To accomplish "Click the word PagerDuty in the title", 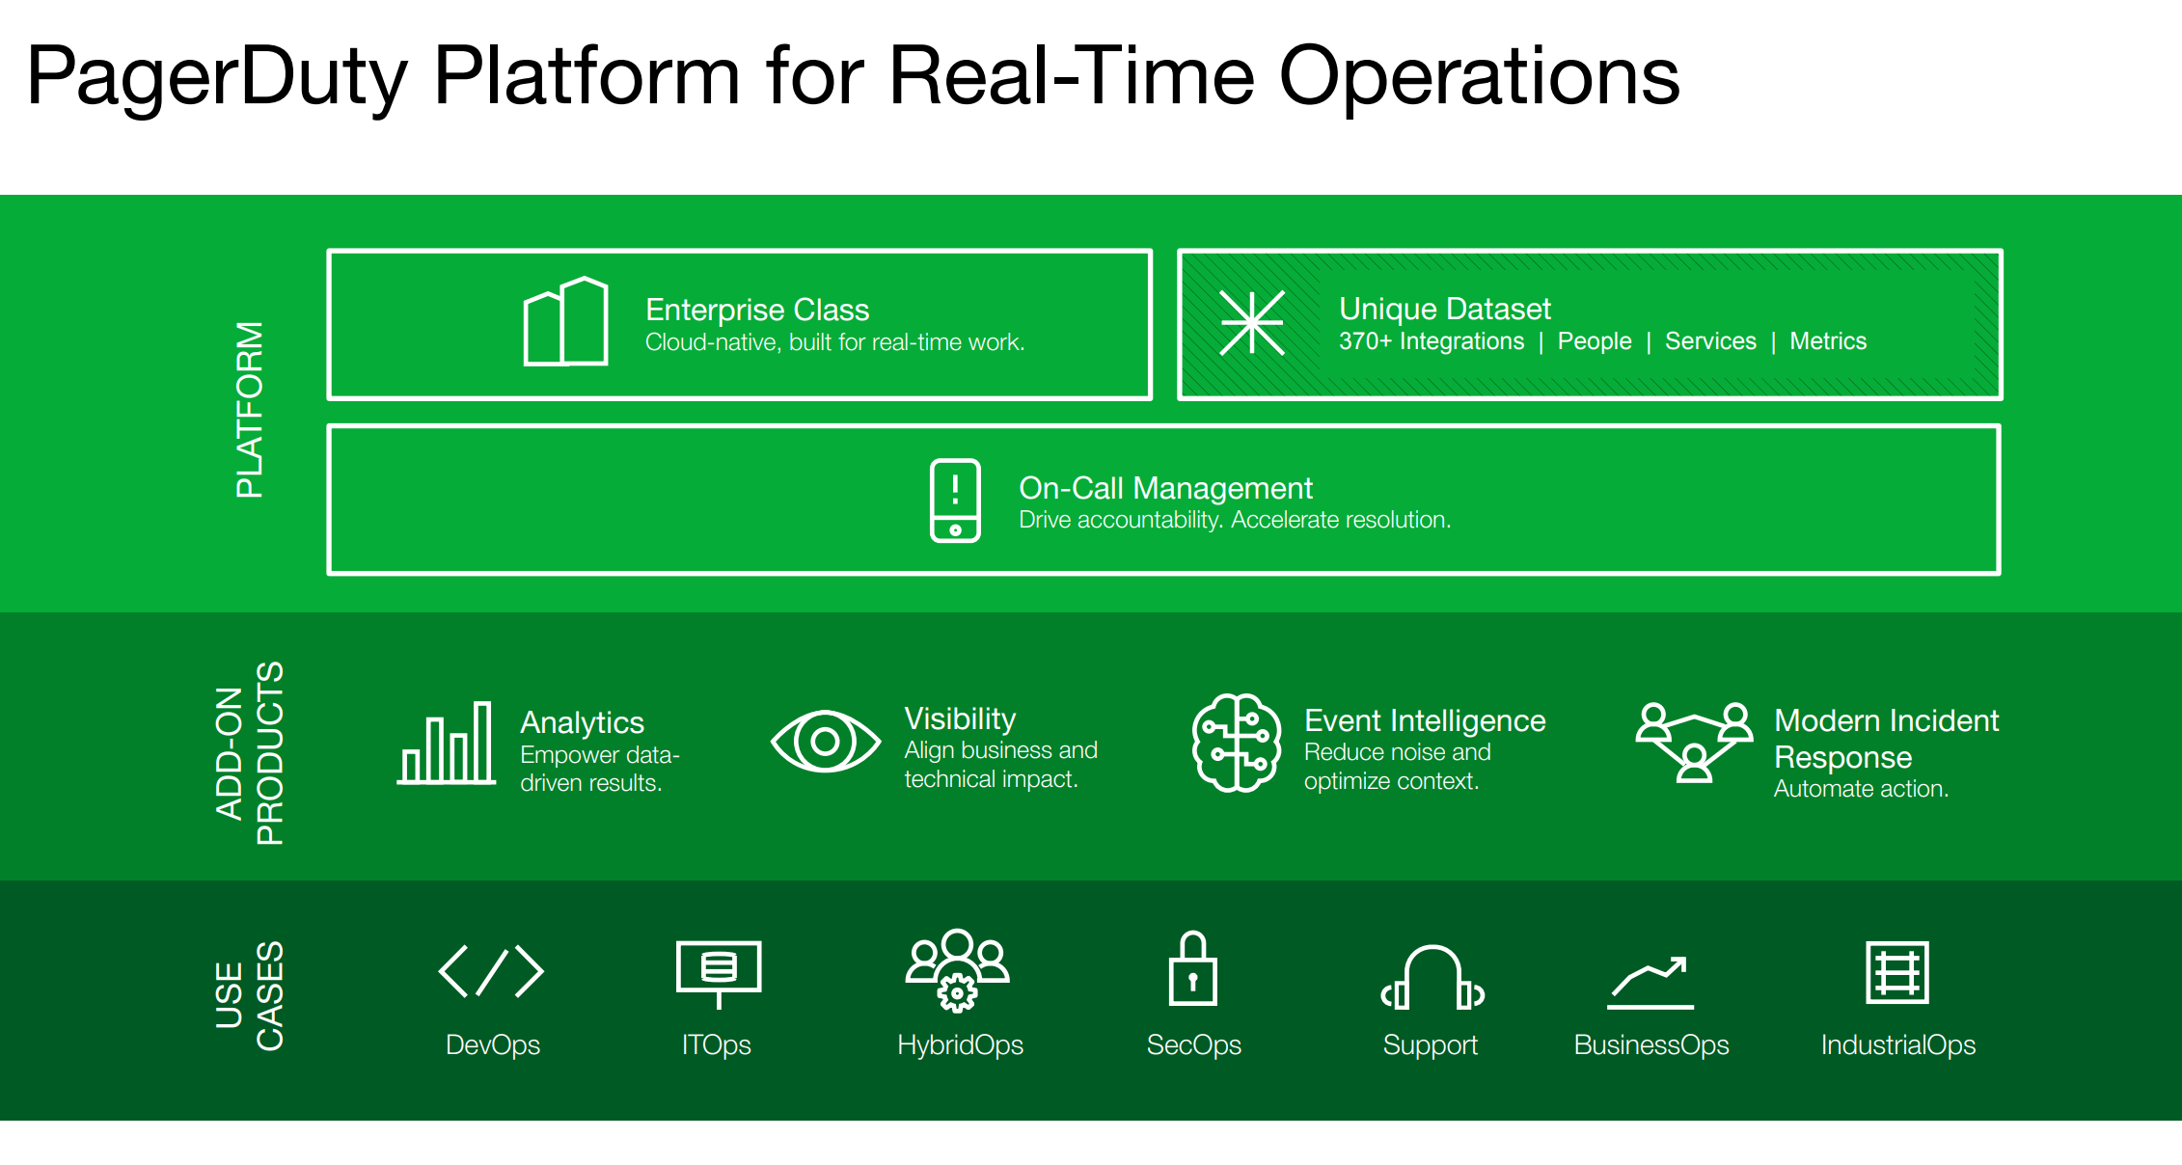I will [x=217, y=77].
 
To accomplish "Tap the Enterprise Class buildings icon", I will [x=565, y=322].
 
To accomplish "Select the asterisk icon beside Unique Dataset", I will [x=1251, y=323].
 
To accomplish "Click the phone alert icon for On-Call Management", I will [x=955, y=501].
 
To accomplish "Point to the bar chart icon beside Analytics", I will [x=447, y=744].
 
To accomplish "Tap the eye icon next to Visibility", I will [x=826, y=742].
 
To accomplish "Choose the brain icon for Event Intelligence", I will [x=1237, y=744].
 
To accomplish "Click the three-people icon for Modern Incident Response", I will [x=1694, y=742].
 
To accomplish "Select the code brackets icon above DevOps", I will [x=491, y=971].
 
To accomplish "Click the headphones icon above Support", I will [x=1432, y=978].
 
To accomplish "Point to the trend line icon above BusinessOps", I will [x=1650, y=983].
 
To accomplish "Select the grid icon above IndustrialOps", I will [x=1897, y=973].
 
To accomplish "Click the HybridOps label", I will [x=960, y=1045].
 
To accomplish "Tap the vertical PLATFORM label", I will [x=249, y=410].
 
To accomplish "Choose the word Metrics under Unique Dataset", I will [x=1828, y=341].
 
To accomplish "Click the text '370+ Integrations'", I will [x=1432, y=341].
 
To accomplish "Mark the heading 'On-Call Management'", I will [x=1165, y=488].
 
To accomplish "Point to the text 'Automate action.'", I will [x=1861, y=789].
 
